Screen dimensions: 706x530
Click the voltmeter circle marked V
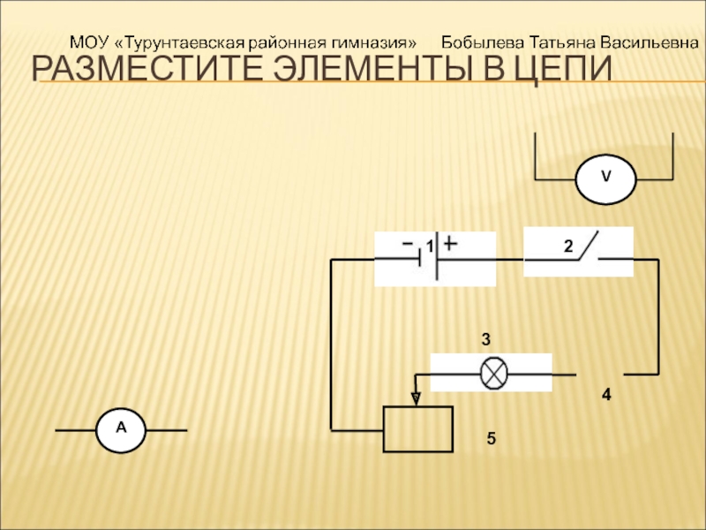pos(605,178)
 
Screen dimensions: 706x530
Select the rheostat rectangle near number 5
pos(417,429)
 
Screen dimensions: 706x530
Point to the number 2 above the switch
pos(569,245)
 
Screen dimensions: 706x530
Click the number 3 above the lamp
pos(485,338)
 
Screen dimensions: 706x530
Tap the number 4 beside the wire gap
pos(606,395)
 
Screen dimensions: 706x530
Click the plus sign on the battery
pos(450,242)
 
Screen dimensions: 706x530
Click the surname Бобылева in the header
pos(484,42)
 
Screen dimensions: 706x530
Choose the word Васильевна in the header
pos(653,42)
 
